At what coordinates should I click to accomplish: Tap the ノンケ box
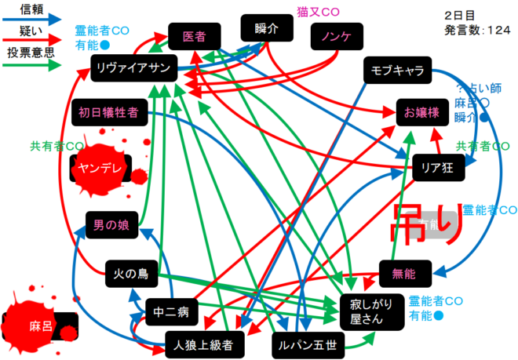point(335,36)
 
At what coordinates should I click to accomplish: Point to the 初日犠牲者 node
point(108,112)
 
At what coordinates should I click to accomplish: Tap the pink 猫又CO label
point(318,11)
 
